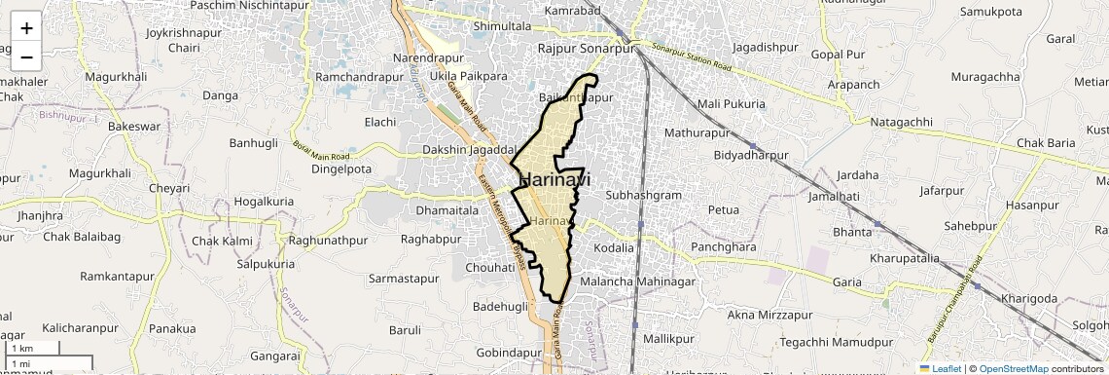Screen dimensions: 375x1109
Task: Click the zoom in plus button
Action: (x=26, y=27)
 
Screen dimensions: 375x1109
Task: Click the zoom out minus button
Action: (x=26, y=56)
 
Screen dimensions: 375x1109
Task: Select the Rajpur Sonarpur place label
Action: (x=586, y=47)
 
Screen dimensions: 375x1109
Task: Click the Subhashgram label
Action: (x=643, y=195)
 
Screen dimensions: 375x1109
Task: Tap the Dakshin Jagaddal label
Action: (x=468, y=150)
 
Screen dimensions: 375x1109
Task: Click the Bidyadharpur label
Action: (x=750, y=155)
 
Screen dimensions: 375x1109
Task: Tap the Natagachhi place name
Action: (x=901, y=122)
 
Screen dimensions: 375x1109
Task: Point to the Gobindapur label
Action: (x=509, y=352)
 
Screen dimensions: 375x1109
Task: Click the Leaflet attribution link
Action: (x=941, y=368)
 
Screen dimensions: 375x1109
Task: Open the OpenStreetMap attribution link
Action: (x=1014, y=368)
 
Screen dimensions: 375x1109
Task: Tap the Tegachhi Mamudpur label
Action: (x=837, y=342)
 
